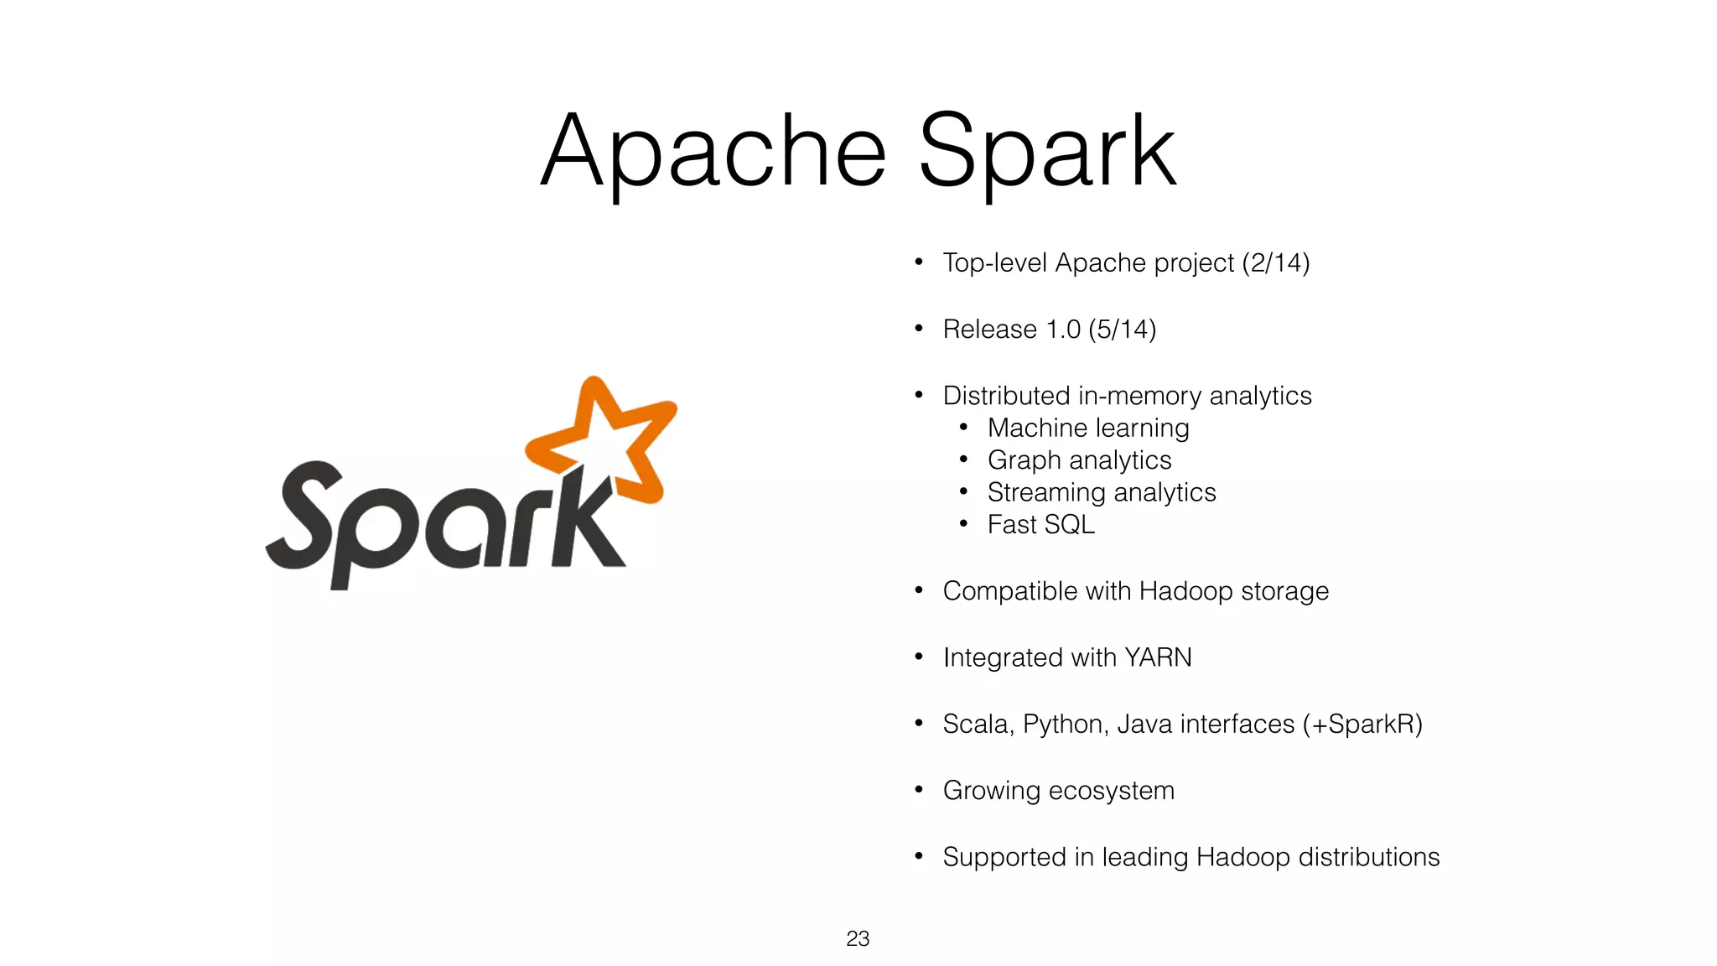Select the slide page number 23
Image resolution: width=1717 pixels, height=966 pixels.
click(858, 938)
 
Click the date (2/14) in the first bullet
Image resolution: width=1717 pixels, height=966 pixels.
click(1275, 262)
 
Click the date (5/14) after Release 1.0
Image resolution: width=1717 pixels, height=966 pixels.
click(1123, 329)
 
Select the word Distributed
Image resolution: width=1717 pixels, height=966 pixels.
click(1006, 395)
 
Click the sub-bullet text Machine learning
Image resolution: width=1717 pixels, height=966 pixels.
click(1088, 428)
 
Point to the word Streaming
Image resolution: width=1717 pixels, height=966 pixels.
click(1046, 492)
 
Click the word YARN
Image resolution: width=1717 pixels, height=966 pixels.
click(1158, 657)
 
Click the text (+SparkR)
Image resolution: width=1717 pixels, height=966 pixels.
click(1362, 724)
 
